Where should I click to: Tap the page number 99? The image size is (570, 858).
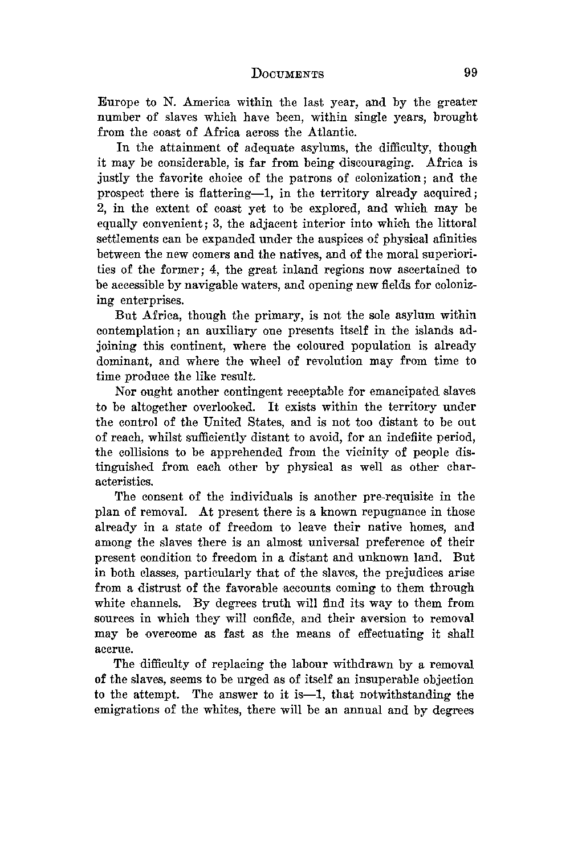(x=470, y=73)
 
